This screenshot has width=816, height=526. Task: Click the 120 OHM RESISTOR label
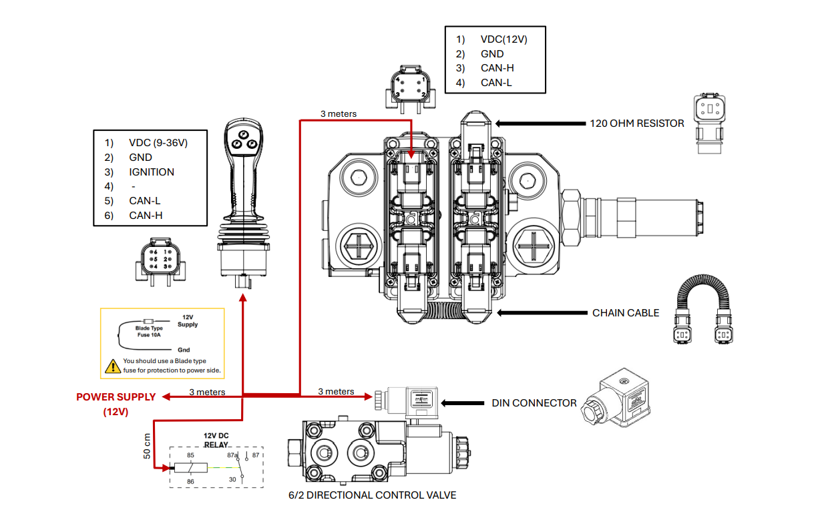pyautogui.click(x=636, y=123)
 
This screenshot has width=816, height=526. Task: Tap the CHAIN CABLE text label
pyautogui.click(x=625, y=312)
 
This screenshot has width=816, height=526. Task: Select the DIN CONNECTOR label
pyautogui.click(x=534, y=403)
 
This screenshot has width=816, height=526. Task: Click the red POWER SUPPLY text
pyautogui.click(x=116, y=397)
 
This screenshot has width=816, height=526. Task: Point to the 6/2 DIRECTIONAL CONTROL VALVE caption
pyautogui.click(x=373, y=495)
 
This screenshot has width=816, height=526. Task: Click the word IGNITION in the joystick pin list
pyautogui.click(x=152, y=172)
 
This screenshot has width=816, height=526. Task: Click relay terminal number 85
pyautogui.click(x=190, y=456)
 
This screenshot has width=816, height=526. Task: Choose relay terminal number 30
pyautogui.click(x=233, y=479)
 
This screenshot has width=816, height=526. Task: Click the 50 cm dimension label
pyautogui.click(x=147, y=446)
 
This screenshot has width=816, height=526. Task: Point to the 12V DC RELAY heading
pyautogui.click(x=216, y=439)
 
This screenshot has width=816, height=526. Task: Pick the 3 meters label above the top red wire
pyautogui.click(x=338, y=113)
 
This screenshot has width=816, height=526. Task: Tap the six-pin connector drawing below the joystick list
pyautogui.click(x=158, y=261)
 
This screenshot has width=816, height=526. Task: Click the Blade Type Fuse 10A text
pyautogui.click(x=149, y=331)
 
